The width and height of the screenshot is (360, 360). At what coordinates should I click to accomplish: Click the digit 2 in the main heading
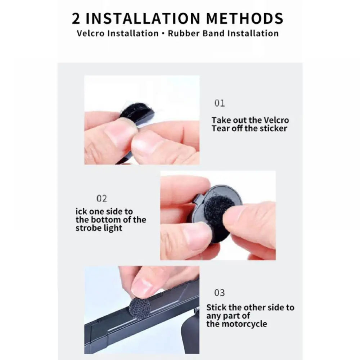tap(76, 18)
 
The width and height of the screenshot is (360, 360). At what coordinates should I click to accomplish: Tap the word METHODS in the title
tap(245, 18)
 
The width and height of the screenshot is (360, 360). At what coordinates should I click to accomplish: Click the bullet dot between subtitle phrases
tap(163, 33)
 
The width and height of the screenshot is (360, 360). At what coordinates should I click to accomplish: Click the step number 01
tap(220, 103)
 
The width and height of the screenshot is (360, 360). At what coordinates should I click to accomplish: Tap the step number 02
tap(102, 199)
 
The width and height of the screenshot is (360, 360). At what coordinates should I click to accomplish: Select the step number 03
tap(220, 293)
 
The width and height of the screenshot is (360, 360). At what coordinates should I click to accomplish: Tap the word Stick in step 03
tap(216, 307)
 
